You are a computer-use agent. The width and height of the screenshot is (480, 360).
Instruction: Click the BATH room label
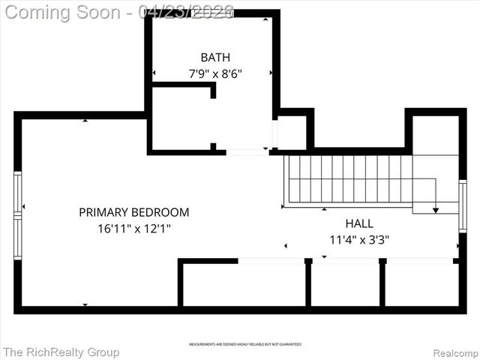click(215, 57)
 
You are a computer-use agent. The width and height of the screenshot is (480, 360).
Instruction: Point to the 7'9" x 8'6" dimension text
click(215, 73)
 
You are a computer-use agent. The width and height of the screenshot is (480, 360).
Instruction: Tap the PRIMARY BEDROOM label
click(134, 212)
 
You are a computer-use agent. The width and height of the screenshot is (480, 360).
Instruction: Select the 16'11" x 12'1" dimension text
click(134, 229)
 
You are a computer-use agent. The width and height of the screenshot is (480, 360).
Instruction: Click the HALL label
click(359, 223)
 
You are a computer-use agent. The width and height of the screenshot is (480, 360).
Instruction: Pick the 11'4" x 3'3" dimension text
click(359, 240)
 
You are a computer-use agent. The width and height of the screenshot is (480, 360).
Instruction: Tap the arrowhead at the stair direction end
click(436, 210)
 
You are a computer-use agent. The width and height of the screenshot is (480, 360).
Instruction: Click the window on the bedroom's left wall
click(18, 216)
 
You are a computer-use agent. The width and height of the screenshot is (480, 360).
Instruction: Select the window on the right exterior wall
click(463, 205)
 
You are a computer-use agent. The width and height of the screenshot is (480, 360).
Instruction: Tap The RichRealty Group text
click(61, 352)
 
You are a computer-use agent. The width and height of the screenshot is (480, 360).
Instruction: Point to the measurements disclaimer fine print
click(245, 343)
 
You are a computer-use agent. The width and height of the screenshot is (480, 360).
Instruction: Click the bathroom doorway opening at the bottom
click(247, 152)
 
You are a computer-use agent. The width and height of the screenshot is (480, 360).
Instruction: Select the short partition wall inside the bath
click(184, 85)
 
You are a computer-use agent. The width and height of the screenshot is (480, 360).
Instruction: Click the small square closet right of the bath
click(292, 133)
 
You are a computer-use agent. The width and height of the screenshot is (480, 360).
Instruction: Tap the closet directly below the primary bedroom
click(244, 284)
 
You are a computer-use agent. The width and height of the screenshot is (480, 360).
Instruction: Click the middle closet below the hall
click(345, 284)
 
